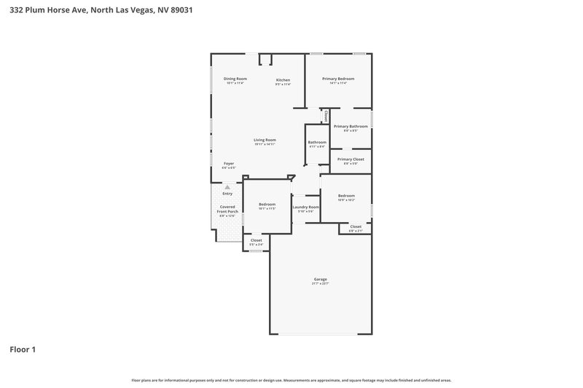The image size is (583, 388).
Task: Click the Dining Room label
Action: pos(235,79)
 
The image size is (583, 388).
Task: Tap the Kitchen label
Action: pos(283,79)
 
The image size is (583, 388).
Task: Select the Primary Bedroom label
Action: pos(338,79)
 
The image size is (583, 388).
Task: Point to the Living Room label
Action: pos(265,140)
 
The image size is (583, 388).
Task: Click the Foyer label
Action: pos(228,164)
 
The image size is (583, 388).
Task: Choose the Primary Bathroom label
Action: pos(351,127)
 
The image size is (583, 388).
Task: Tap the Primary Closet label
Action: pos(351,159)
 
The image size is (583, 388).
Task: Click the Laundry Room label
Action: pos(305,207)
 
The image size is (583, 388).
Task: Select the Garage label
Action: pos(320,279)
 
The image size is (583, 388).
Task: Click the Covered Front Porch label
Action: pos(228,209)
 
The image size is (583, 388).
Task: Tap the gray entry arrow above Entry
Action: pos(227,187)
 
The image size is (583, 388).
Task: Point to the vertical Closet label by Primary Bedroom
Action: pos(326,116)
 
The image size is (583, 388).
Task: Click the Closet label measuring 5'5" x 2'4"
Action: pos(256,240)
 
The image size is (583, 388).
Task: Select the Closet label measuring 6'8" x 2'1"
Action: pos(356,226)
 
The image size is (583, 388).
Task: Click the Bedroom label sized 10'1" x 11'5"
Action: pos(267,205)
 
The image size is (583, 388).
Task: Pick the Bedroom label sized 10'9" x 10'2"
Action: pos(346,195)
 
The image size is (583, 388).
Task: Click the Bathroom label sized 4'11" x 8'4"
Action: pos(316,142)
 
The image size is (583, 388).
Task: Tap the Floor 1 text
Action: pos(23,349)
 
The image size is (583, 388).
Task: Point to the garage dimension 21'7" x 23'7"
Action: pos(320,284)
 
